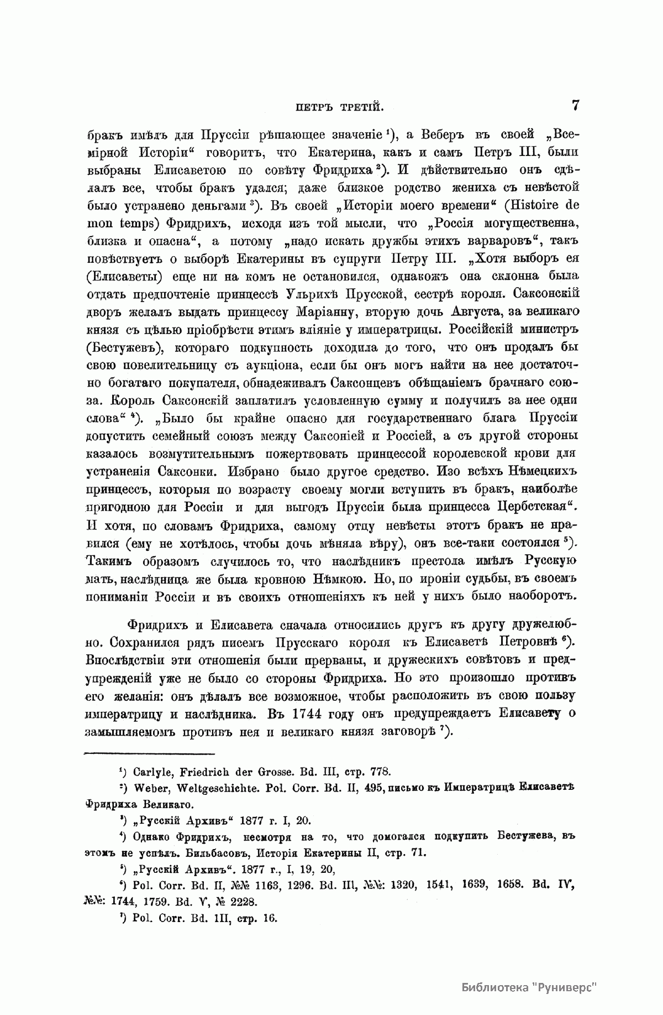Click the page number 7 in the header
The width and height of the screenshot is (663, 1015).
(575, 106)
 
